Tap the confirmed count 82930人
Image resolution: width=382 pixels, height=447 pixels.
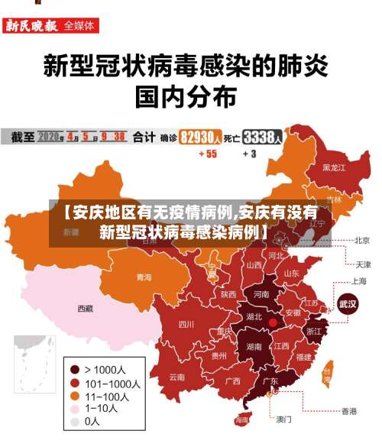tap(201, 138)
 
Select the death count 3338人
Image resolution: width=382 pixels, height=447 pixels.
tap(263, 138)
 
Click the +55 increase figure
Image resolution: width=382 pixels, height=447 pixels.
tap(207, 154)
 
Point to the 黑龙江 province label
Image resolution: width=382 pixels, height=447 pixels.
tap(334, 167)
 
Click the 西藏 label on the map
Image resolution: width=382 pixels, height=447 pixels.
tap(85, 309)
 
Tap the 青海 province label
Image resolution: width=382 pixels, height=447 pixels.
tap(144, 277)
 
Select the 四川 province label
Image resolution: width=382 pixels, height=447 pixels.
tap(186, 324)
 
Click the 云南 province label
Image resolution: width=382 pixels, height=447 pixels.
tap(176, 377)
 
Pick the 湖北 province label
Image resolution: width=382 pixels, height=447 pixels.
tap(254, 316)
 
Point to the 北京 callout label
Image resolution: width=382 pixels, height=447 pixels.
tap(362, 240)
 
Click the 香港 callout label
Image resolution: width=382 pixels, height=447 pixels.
tap(348, 411)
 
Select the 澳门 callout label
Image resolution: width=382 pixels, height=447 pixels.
tap(283, 419)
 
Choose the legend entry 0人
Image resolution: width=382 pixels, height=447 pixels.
tap(91, 421)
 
